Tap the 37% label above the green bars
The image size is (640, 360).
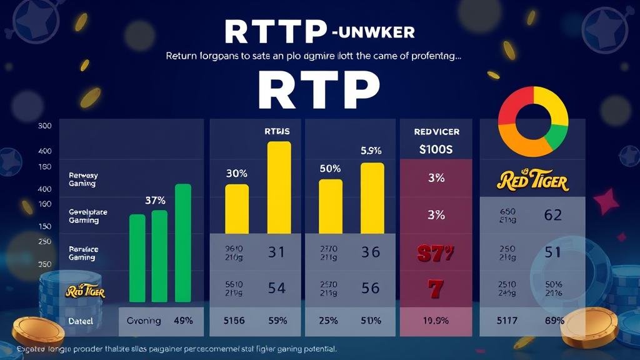point(154,201)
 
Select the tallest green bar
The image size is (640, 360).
point(183,243)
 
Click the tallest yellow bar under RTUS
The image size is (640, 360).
point(279,187)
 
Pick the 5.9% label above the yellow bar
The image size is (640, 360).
point(371,151)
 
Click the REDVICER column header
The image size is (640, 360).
point(436,132)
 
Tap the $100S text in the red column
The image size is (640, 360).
point(436,149)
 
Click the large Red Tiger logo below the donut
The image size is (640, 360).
point(532,181)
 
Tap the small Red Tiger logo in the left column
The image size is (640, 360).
point(85,292)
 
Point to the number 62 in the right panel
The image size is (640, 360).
point(552,216)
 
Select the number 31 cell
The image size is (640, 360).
point(276,252)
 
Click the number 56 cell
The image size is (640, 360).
point(371,287)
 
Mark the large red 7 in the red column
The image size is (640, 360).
point(436,289)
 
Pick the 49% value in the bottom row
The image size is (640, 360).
point(183,321)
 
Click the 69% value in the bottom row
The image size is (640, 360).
point(554,321)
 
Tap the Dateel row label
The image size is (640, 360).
point(80,321)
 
